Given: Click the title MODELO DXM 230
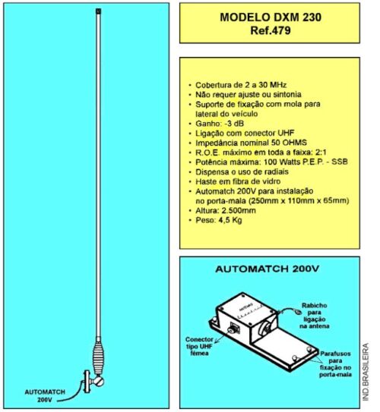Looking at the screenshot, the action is pos(271,17).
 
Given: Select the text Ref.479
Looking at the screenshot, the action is pos(271,30).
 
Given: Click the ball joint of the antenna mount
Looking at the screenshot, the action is pos(99,381).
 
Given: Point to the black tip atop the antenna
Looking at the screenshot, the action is pos(98,11).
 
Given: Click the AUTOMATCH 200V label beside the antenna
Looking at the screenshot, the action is pos(45,396).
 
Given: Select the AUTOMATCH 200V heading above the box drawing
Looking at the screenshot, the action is pos(267,269).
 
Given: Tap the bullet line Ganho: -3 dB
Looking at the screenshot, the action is pos(220,124).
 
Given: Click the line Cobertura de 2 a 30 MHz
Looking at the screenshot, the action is pos(241,85).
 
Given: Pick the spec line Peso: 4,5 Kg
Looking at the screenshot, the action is pos(218,220).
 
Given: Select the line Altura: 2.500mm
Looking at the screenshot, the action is pos(226,210).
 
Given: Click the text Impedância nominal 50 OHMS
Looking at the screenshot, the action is pos(251,143).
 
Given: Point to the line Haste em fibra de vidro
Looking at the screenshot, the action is pos(238,181).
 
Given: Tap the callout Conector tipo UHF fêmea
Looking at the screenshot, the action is pos(199,346).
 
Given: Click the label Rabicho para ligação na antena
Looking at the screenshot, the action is pos(315,316).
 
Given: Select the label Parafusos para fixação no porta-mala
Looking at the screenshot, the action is pos(335,364).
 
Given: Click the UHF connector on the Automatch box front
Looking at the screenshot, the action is pos(233,329).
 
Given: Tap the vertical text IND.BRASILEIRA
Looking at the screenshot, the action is pos(366,372).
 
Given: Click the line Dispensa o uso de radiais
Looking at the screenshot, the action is pos(242,171).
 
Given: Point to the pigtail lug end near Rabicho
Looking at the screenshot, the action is pos(298,313).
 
